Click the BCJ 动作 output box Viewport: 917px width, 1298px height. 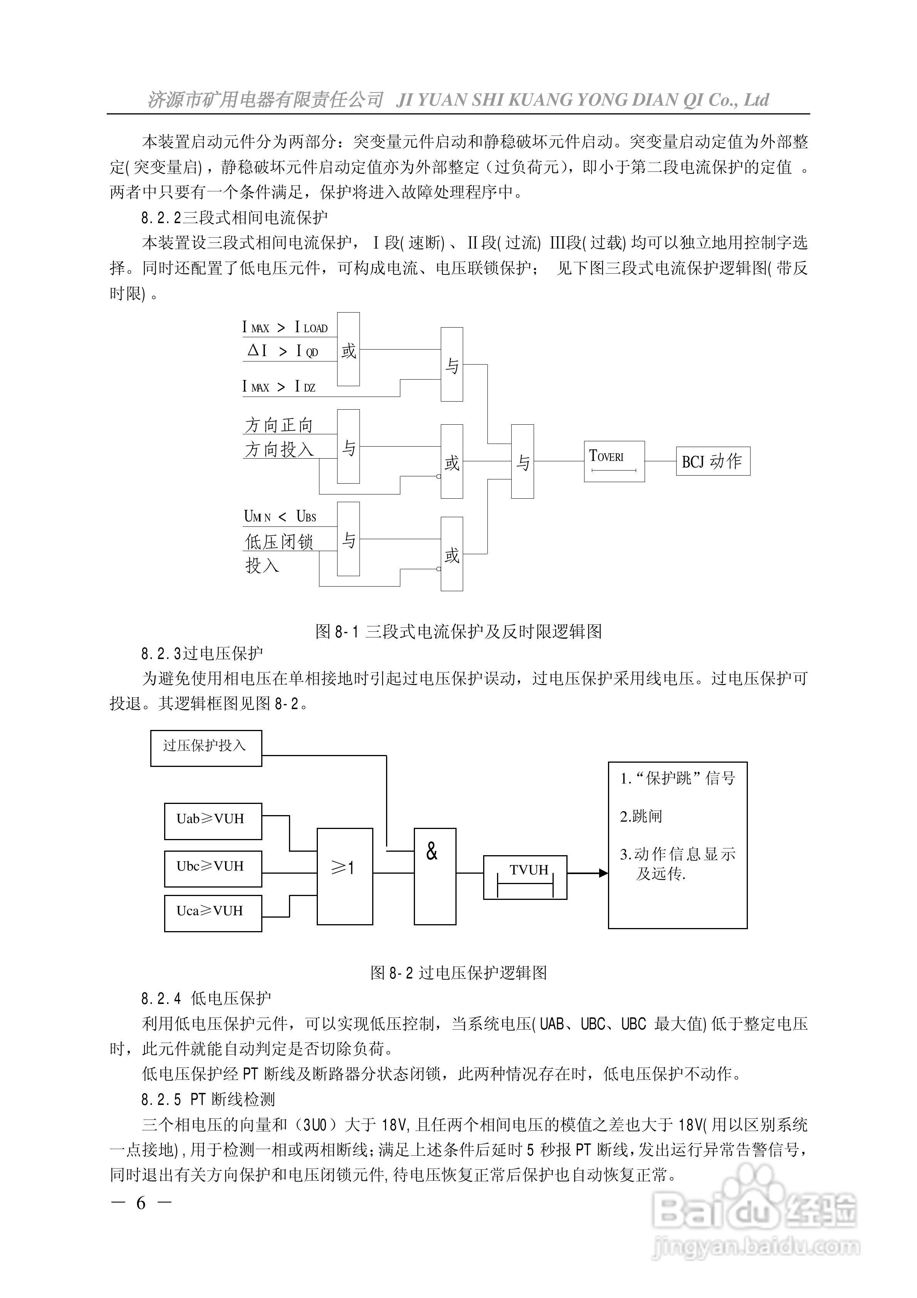coord(713,461)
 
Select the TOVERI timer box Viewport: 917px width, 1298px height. coord(614,461)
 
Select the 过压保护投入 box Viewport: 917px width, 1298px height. coord(206,748)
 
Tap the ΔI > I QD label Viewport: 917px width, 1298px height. coord(283,351)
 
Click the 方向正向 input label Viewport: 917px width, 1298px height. coord(279,425)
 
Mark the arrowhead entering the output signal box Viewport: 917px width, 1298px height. coord(604,873)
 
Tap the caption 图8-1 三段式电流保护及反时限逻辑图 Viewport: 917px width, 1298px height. coord(458,632)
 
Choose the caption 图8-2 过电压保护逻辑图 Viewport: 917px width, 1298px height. coord(458,972)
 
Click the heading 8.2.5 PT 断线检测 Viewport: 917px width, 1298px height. coord(208,1099)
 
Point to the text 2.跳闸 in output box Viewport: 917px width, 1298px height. coord(640,816)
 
